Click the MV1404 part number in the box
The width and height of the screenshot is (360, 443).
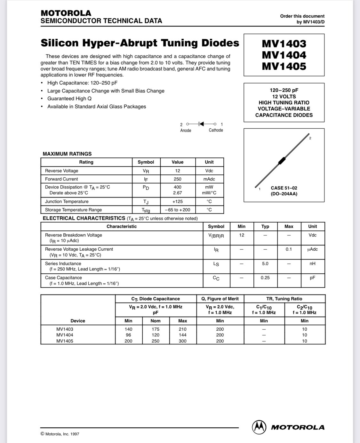[284, 55]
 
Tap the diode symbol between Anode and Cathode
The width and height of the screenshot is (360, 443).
[201, 124]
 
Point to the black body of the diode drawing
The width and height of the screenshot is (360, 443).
[282, 161]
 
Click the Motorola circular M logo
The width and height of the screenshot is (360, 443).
[259, 427]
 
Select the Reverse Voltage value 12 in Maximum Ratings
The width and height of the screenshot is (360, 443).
[178, 171]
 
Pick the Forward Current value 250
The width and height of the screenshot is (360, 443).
[178, 179]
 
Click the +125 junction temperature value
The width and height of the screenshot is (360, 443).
[178, 201]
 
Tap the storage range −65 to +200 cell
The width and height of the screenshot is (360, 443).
[178, 210]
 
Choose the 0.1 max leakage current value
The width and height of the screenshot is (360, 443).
[289, 249]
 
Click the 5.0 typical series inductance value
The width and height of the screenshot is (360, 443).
[265, 263]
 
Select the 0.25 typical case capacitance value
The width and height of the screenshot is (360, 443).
[265, 278]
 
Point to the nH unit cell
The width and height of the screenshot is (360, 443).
[312, 263]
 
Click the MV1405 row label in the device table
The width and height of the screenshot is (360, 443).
[65, 341]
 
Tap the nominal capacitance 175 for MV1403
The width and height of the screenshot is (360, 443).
[156, 329]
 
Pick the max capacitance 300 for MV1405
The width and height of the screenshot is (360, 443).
[183, 341]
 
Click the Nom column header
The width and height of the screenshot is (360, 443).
[156, 321]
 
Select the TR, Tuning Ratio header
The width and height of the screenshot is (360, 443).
[284, 299]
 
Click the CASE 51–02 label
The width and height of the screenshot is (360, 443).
[284, 188]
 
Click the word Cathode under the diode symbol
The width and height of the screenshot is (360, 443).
[216, 130]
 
